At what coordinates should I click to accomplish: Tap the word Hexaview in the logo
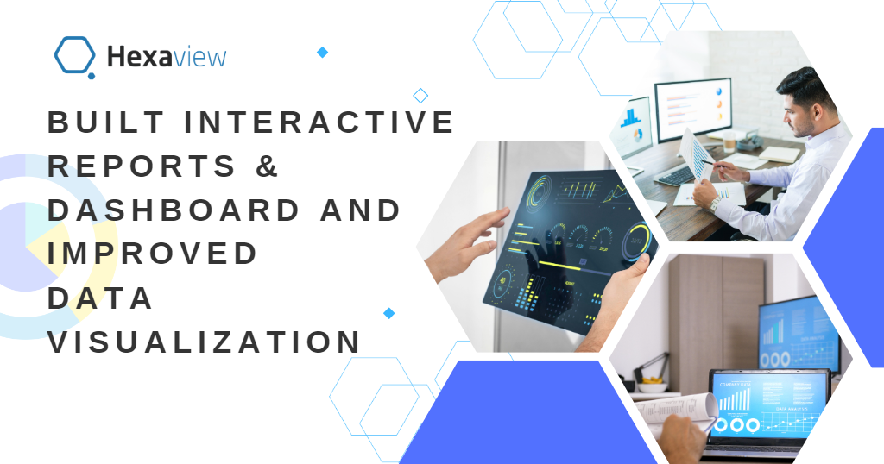(166, 58)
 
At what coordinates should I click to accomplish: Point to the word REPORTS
(142, 166)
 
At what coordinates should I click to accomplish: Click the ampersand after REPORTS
(268, 166)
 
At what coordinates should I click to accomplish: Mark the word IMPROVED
(152, 254)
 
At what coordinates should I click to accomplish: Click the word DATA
(100, 298)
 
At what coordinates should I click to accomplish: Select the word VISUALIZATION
(203, 342)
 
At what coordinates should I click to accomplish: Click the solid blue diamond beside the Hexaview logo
(322, 53)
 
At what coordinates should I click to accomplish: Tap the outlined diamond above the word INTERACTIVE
(420, 95)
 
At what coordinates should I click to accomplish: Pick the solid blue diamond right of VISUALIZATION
(388, 313)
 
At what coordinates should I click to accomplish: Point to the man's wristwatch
(714, 204)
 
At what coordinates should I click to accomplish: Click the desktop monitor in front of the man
(692, 107)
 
